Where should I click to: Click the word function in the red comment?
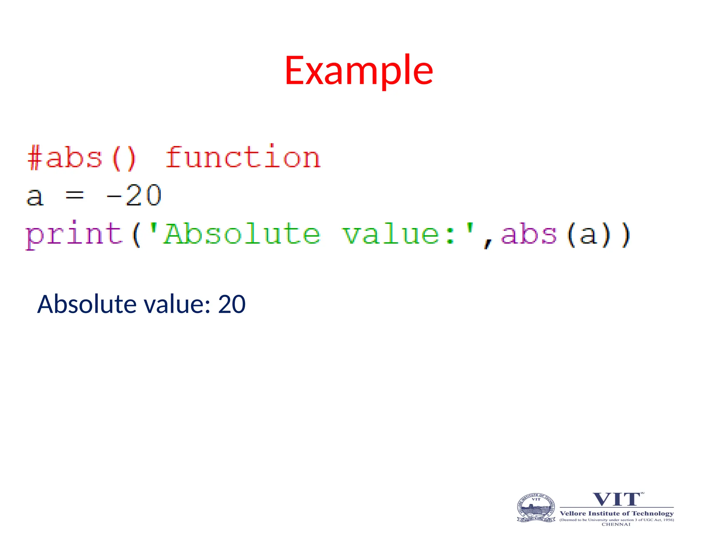[x=243, y=158]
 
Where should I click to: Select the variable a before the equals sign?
[x=35, y=197]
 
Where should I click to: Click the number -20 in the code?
[x=134, y=195]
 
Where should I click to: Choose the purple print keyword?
[x=74, y=234]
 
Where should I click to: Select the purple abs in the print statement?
[x=529, y=234]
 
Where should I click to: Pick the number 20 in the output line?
[x=232, y=304]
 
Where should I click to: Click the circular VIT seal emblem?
[x=536, y=508]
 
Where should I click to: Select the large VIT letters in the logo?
[x=617, y=499]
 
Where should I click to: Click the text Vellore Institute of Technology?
[x=617, y=513]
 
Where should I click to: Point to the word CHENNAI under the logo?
[x=616, y=524]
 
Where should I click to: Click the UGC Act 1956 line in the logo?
[x=617, y=520]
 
